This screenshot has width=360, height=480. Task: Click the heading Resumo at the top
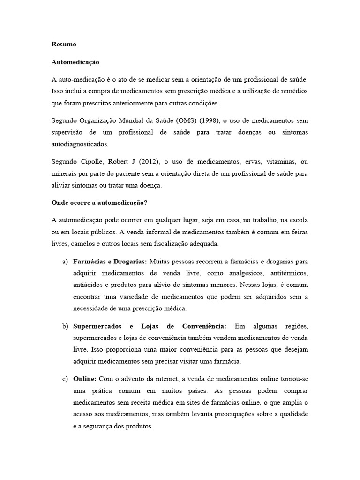63,45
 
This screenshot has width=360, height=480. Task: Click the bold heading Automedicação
75,62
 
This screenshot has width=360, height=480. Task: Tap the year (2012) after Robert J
150,162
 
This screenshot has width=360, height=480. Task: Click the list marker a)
65,261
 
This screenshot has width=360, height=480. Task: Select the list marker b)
65,326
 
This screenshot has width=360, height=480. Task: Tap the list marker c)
65,378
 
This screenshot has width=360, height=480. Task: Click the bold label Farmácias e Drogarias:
110,261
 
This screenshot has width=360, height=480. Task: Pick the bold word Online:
85,378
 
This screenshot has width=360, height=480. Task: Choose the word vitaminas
282,162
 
